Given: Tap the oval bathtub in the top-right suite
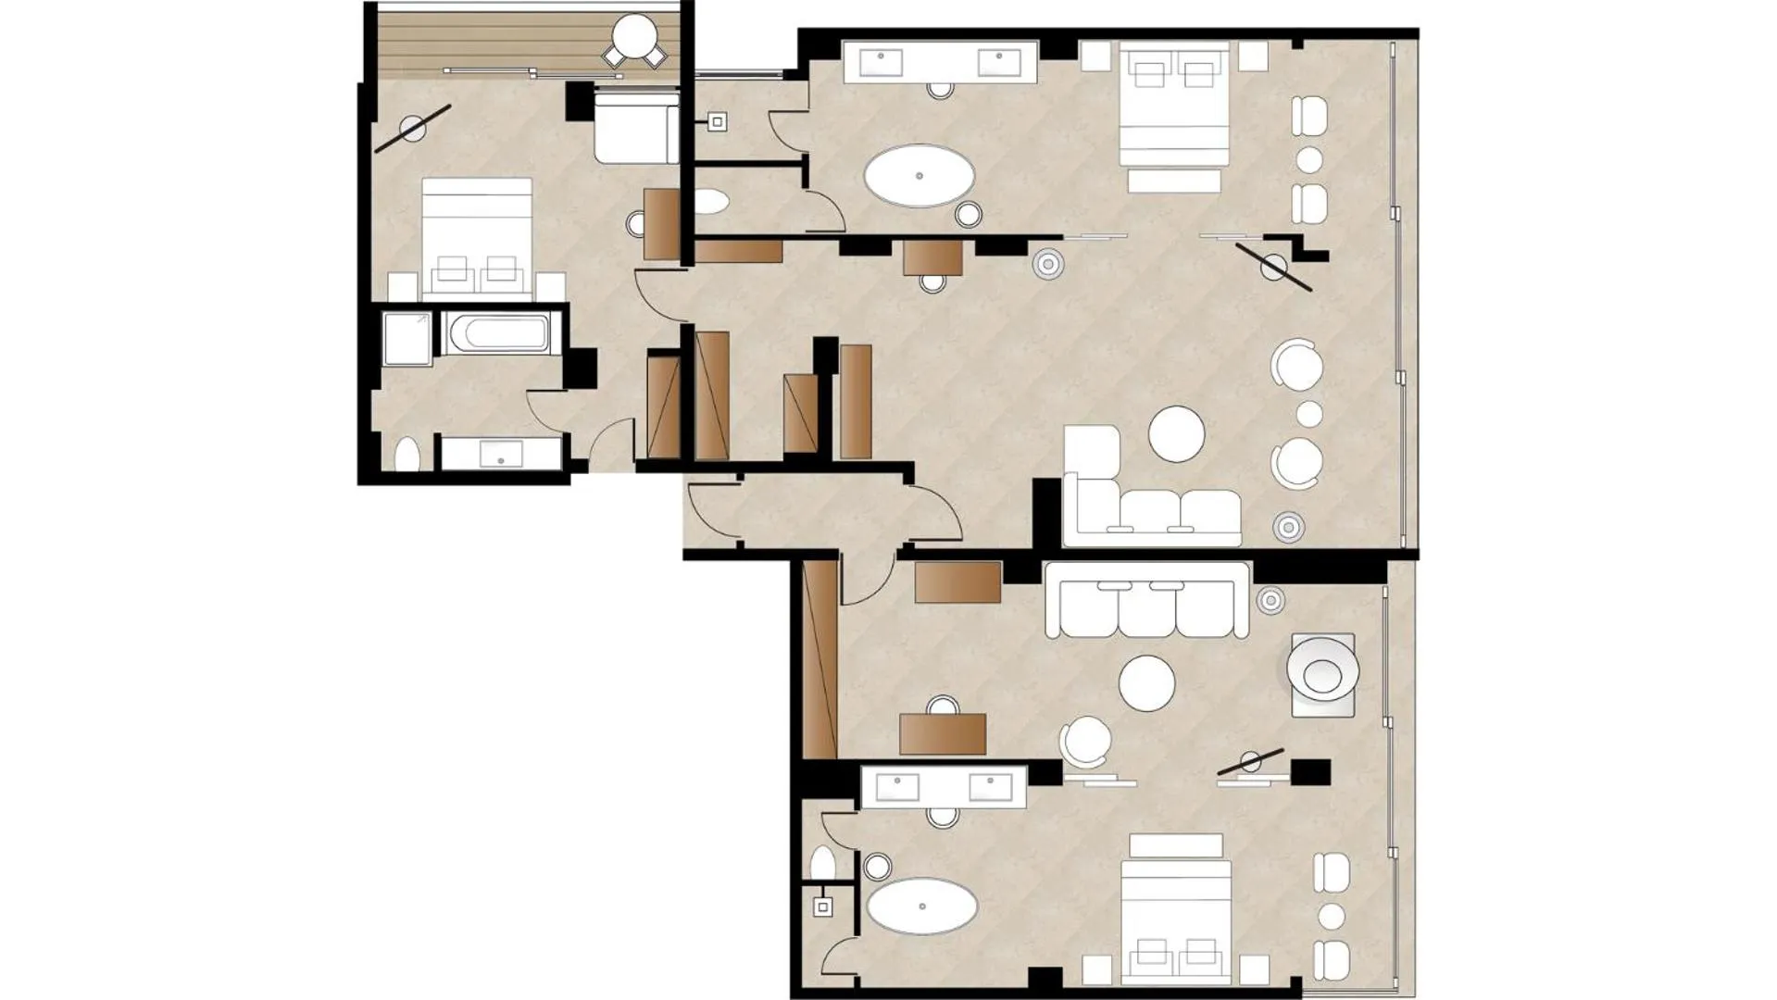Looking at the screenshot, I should (x=919, y=176).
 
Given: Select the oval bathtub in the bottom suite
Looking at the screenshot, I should (x=921, y=906).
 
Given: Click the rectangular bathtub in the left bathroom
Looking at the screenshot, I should (x=498, y=333).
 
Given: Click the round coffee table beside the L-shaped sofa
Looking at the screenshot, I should (x=1176, y=433).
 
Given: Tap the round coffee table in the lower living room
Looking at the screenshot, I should (x=1146, y=683).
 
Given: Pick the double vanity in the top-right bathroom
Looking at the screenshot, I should (x=940, y=63).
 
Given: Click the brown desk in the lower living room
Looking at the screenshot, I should (x=943, y=733).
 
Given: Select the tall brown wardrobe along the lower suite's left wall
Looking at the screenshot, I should (x=820, y=659).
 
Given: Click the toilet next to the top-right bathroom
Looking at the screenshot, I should (x=711, y=202).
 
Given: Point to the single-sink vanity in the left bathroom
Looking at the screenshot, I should (x=500, y=454).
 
